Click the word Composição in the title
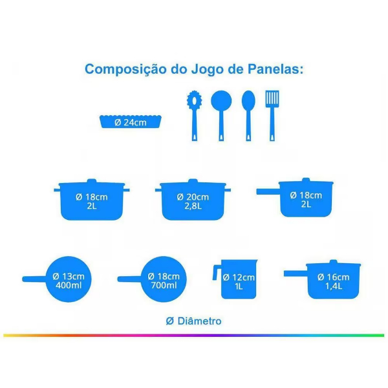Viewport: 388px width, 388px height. coord(125,70)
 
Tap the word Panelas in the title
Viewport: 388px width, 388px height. coord(275,69)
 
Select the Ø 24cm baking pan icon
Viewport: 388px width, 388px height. coord(131,122)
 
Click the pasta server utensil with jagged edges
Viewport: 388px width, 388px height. coord(195,116)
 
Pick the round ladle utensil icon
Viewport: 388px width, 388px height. coord(221,116)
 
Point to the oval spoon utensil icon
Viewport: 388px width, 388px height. coord(248,116)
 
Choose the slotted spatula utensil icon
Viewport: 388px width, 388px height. coord(272,116)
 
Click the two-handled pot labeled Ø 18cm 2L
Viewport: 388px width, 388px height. coord(92,199)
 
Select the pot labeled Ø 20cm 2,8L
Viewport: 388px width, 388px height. coord(193,199)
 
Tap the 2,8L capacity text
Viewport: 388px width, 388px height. coord(193,206)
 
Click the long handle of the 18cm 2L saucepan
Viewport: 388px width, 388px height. coord(268,191)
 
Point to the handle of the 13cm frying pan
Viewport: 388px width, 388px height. coord(34,279)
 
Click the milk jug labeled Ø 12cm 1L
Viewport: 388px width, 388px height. coord(235,279)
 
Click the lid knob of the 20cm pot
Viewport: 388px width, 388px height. coord(193,181)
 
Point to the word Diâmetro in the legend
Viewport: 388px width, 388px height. coord(199,321)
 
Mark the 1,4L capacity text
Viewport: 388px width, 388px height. coord(334,286)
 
